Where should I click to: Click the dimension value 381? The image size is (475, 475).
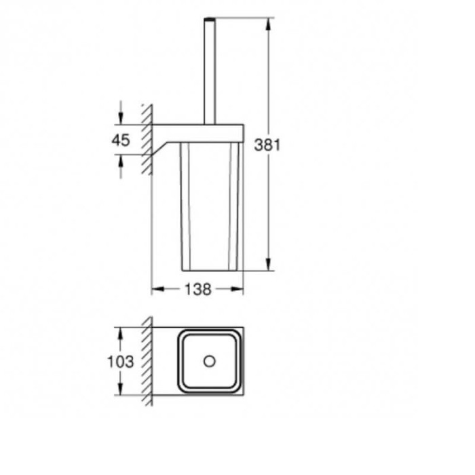(x=267, y=145)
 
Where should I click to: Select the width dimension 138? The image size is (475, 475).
(x=197, y=290)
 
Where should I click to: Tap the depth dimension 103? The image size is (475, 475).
(x=120, y=362)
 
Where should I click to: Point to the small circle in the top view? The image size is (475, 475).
(x=210, y=361)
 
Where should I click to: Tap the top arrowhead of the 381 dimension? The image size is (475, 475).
(x=269, y=24)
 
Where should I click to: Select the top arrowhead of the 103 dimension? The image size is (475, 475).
(x=120, y=333)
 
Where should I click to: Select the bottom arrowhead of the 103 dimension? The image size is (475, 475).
(x=120, y=391)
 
